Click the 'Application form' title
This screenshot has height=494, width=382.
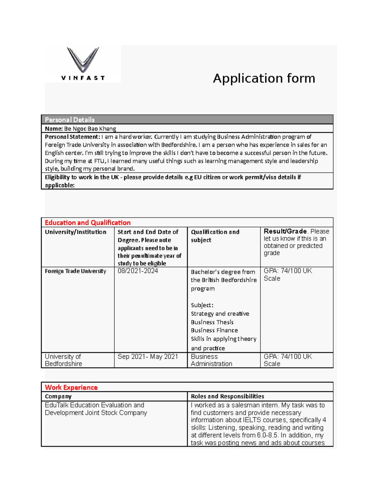(264, 78)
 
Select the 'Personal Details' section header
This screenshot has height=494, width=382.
(70, 120)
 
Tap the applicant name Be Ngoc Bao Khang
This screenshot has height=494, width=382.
(90, 129)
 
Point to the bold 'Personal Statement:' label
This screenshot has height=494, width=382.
(72, 137)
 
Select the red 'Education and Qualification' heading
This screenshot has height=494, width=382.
(88, 223)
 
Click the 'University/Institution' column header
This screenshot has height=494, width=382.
(75, 232)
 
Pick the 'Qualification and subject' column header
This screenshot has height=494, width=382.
(215, 236)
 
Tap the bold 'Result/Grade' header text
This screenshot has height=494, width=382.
(285, 231)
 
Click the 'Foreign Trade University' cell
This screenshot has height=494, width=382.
(75, 271)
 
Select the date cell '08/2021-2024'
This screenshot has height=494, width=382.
(138, 271)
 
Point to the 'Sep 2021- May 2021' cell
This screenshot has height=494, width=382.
(148, 357)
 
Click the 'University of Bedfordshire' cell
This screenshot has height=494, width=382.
(63, 360)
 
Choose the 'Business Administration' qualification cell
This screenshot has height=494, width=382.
(211, 360)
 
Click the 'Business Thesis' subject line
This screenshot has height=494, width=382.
(212, 322)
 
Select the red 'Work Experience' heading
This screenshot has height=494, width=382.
(71, 387)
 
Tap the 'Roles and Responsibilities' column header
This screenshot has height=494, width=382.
(227, 396)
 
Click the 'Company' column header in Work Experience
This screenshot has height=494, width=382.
(58, 396)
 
